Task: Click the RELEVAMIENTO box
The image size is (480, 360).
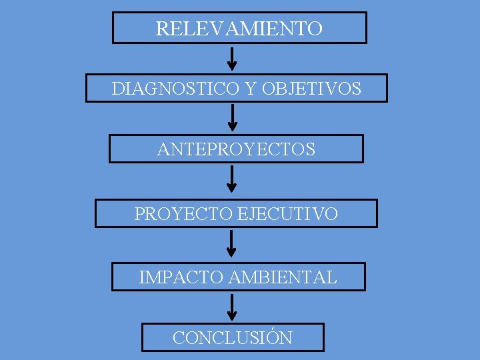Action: pos(239,28)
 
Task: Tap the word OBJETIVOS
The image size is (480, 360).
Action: pos(312,88)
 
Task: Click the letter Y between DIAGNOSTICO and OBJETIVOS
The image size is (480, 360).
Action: pos(251,88)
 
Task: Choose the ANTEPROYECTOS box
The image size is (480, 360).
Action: pos(236,149)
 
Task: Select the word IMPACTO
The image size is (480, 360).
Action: pos(181,277)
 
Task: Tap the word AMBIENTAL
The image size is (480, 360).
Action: pos(283,277)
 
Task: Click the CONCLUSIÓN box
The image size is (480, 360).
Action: pos(233,337)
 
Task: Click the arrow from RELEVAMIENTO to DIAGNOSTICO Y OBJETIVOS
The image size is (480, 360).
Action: pos(231,58)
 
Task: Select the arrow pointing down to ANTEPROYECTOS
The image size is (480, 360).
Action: pos(232,117)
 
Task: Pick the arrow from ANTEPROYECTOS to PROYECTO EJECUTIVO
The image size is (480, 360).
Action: pos(231,179)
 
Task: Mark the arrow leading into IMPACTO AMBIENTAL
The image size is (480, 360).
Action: pos(231,243)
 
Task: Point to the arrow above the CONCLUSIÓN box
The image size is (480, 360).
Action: pos(231,307)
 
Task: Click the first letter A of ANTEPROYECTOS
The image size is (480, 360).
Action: pos(163,149)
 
